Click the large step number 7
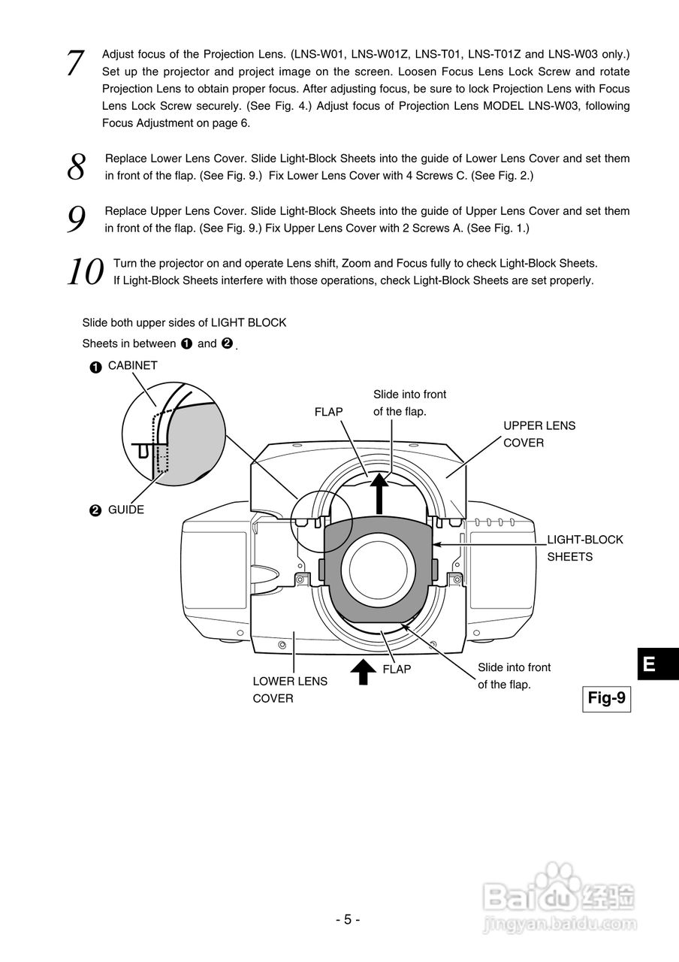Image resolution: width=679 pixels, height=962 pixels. (75, 63)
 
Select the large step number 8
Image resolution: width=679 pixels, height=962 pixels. (77, 168)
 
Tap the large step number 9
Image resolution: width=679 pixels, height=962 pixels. (77, 219)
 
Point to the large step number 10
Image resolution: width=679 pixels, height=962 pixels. (84, 272)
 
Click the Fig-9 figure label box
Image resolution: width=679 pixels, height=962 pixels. (606, 698)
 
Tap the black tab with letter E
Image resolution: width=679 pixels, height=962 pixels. (650, 664)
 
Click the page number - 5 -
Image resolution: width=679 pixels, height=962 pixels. (347, 919)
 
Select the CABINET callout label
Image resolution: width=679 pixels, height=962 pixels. (132, 365)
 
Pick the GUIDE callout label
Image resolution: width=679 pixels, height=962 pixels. (125, 510)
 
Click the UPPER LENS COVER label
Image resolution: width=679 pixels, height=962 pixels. (539, 434)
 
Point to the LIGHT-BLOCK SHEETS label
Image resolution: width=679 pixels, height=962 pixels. (584, 548)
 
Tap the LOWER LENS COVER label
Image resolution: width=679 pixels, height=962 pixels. (289, 689)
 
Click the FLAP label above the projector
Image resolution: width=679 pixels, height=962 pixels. (329, 412)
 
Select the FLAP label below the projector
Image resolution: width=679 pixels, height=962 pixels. (397, 669)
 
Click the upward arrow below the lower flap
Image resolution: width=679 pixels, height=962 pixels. (364, 671)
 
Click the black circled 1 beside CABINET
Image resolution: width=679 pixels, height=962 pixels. (95, 367)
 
